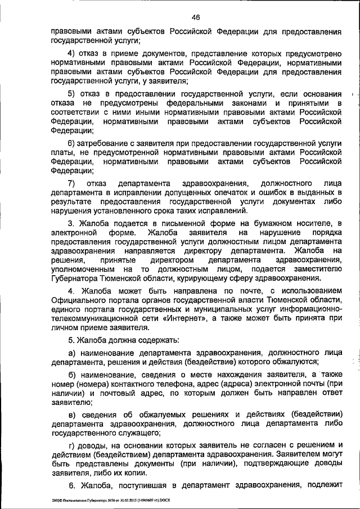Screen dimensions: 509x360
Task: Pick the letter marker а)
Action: (x=71, y=352)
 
